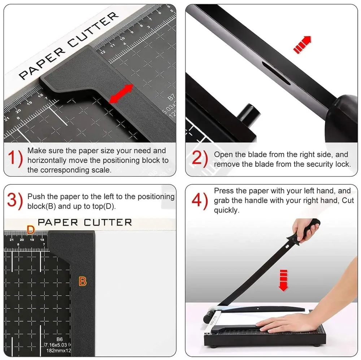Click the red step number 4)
[200, 201]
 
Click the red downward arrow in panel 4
[284, 280]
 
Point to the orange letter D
[31, 229]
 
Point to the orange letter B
[83, 281]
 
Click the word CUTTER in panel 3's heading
[108, 222]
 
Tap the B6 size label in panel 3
[59, 339]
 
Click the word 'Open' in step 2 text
[223, 155]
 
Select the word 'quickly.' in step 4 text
[227, 210]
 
